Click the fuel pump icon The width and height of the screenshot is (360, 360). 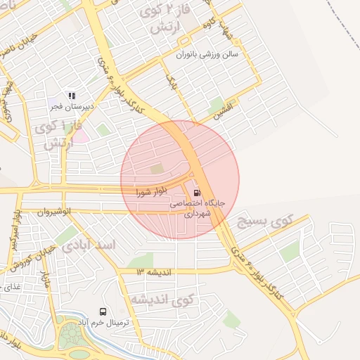pyautogui.click(x=195, y=192)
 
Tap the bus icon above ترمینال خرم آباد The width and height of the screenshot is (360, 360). pyautogui.click(x=103, y=311)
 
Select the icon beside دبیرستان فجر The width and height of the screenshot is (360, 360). pyautogui.click(x=70, y=95)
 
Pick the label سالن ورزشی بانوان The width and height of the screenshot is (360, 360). pyautogui.click(x=207, y=54)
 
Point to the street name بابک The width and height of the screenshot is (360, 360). pyautogui.click(x=171, y=82)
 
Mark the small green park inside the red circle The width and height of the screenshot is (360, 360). pyautogui.click(x=156, y=169)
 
